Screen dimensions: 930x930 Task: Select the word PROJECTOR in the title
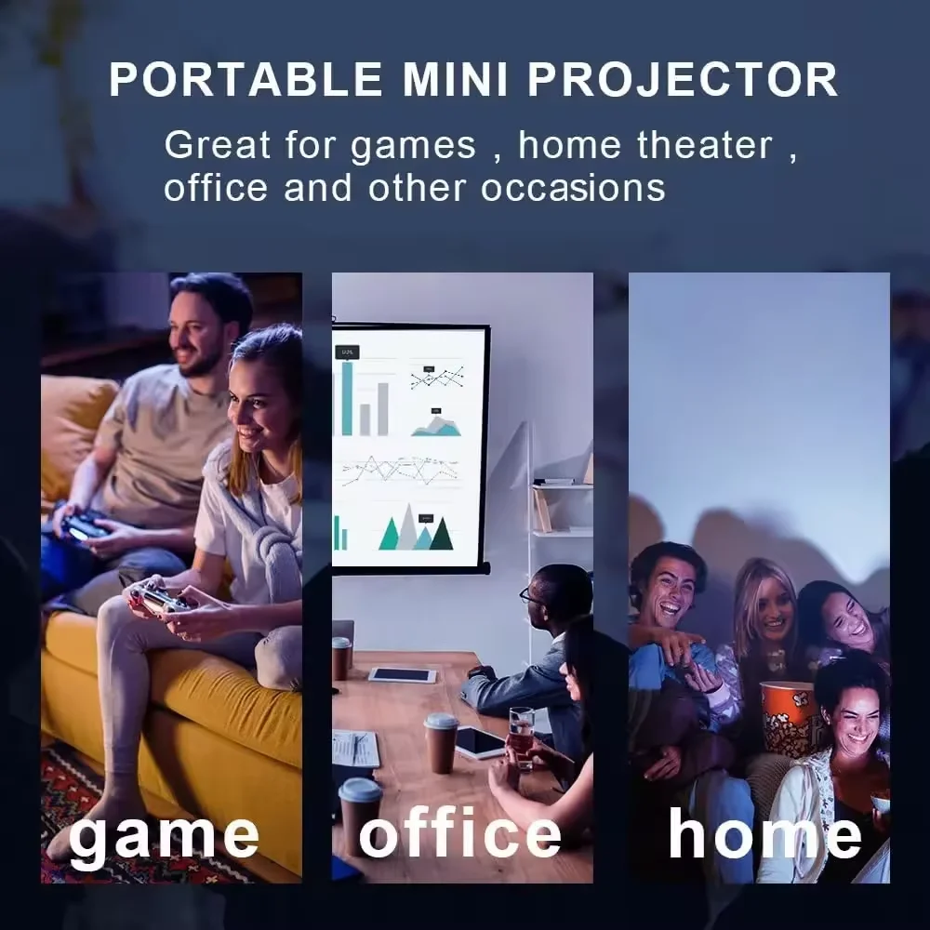pos(684,80)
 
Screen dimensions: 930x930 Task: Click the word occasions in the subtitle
pos(573,188)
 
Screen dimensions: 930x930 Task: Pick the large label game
pos(164,834)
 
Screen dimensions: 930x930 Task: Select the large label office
pos(460,834)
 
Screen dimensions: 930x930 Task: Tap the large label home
pos(764,834)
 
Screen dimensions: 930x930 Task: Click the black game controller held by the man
pos(84,525)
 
